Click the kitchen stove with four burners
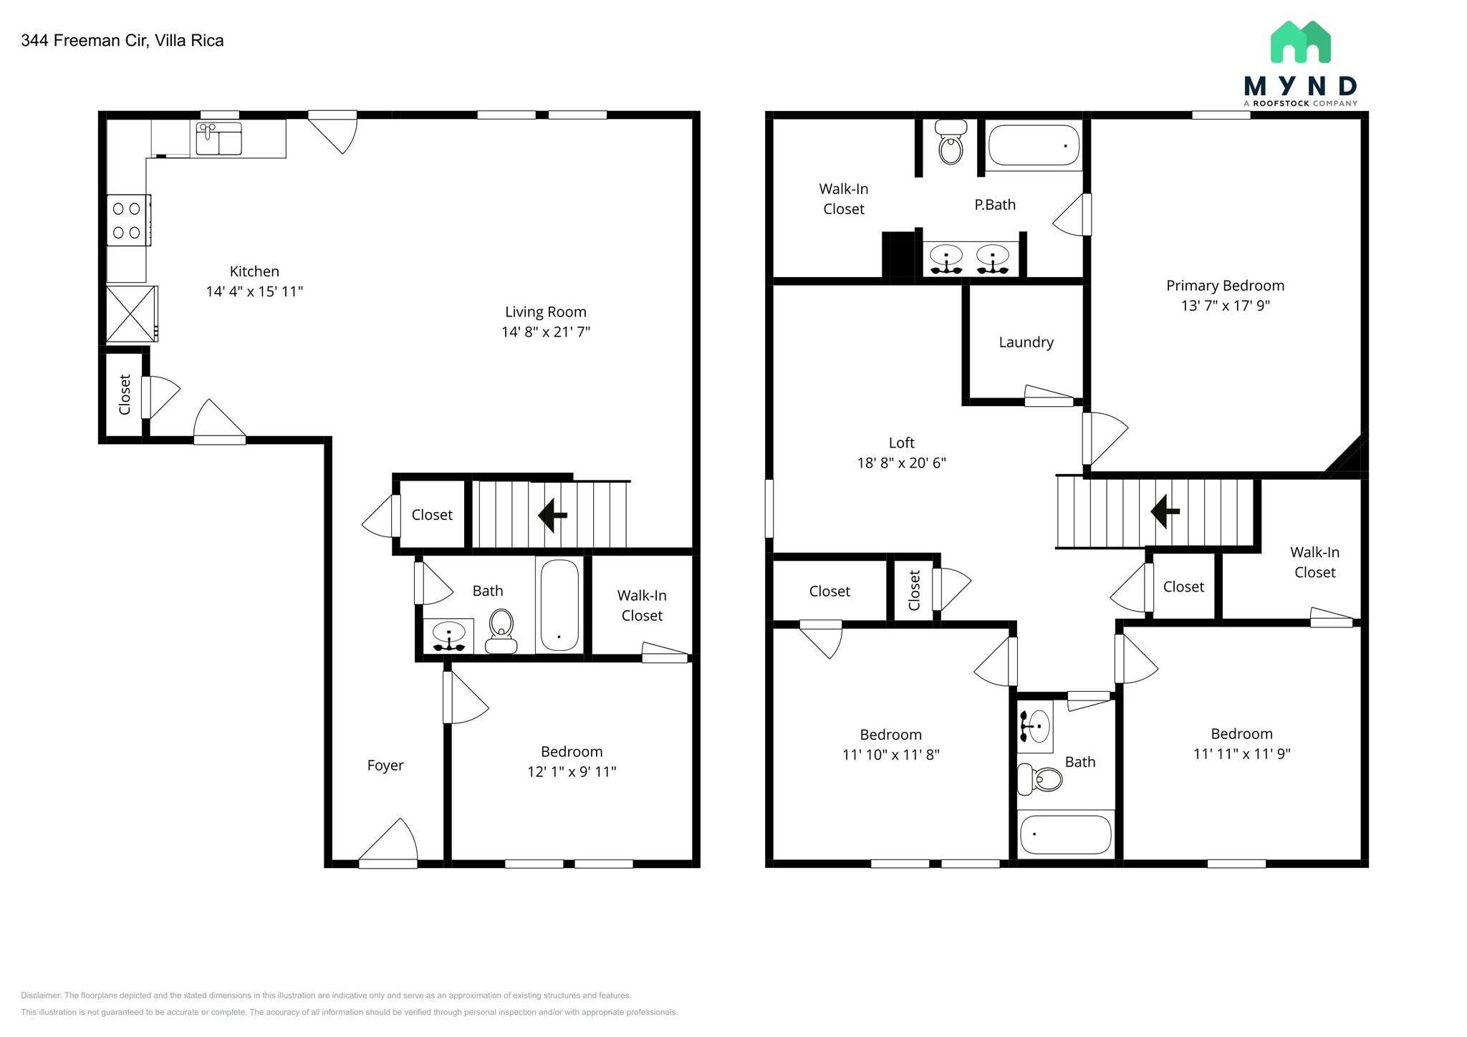pyautogui.click(x=128, y=220)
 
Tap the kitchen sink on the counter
pyautogui.click(x=218, y=138)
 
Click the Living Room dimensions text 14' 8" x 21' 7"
pyautogui.click(x=546, y=332)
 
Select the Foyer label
pyautogui.click(x=385, y=765)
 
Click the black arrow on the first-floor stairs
pyautogui.click(x=552, y=514)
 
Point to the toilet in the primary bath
pyautogui.click(x=951, y=143)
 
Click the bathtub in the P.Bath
pyautogui.click(x=1034, y=145)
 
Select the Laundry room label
pyautogui.click(x=1026, y=342)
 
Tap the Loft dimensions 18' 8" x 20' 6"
pyautogui.click(x=901, y=463)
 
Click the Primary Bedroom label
pyautogui.click(x=1225, y=286)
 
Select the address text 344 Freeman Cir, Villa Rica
pyautogui.click(x=122, y=41)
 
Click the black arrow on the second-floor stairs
pyautogui.click(x=1165, y=511)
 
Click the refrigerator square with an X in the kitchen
pyautogui.click(x=130, y=314)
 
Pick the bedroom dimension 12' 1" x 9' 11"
pyautogui.click(x=572, y=771)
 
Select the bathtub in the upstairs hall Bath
pyautogui.click(x=1064, y=834)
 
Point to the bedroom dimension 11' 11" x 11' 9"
pyautogui.click(x=1241, y=753)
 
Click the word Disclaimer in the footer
pyautogui.click(x=41, y=995)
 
